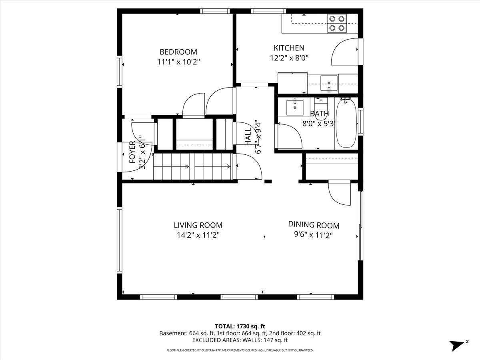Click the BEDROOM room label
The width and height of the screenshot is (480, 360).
click(x=178, y=52)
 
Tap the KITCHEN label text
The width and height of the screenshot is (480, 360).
click(x=289, y=48)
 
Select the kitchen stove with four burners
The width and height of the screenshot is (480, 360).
click(x=337, y=23)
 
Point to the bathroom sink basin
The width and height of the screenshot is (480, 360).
click(x=295, y=107)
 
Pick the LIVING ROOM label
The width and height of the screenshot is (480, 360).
click(x=198, y=225)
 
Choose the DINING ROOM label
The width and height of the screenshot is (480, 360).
click(x=314, y=225)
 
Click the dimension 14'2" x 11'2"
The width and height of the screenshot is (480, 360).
click(x=198, y=235)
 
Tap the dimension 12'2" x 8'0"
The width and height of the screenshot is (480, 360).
click(x=289, y=58)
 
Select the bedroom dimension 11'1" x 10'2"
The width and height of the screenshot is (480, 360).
click(x=178, y=62)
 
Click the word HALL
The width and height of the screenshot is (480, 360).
click(x=248, y=136)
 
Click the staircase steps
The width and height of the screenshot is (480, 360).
click(x=192, y=167)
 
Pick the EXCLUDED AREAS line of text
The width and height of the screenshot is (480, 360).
click(x=240, y=340)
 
